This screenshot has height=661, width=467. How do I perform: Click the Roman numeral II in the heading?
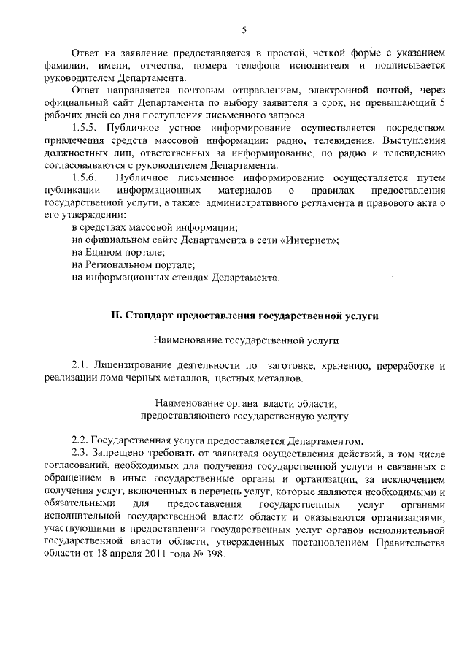(115, 316)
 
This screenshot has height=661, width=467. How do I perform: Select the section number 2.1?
(80, 364)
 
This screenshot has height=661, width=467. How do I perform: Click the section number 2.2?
(80, 440)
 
